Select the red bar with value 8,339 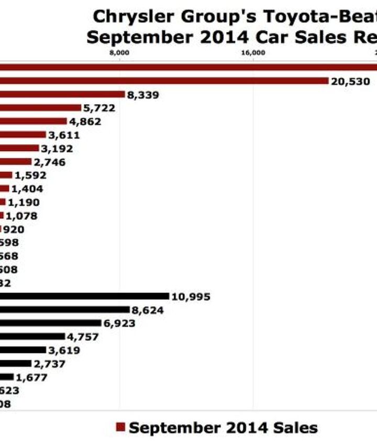coord(62,94)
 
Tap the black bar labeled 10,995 coord(84,297)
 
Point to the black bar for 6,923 coord(50,323)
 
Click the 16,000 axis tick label coord(253,52)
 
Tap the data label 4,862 coord(85,122)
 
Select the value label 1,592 coord(30,176)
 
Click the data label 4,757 coord(83,337)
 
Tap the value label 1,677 coord(31,377)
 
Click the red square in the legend coord(120,427)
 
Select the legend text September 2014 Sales coord(223,427)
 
